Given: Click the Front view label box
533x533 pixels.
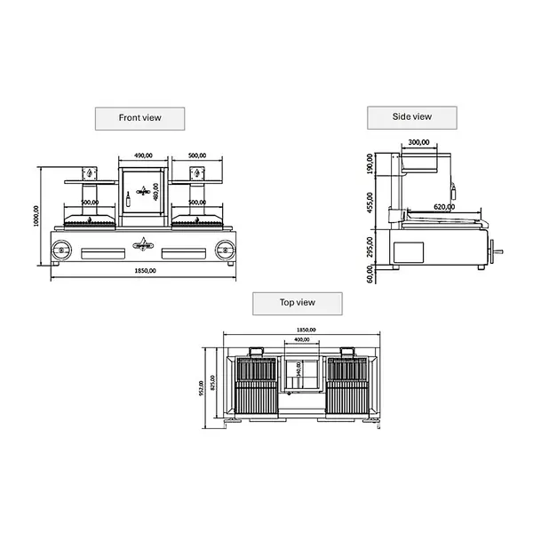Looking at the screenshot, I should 140,117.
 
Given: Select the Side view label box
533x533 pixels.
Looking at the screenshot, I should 412,116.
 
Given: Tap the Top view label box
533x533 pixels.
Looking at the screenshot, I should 298,303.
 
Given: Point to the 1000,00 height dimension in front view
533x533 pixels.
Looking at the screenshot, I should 36,214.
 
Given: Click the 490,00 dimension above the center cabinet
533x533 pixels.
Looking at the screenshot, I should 144,155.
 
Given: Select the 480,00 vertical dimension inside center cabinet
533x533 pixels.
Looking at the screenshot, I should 155,193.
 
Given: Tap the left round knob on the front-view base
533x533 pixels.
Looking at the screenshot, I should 61,248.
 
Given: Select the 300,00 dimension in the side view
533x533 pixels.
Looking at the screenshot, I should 419,142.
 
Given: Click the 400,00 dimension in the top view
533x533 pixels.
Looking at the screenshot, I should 302,339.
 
